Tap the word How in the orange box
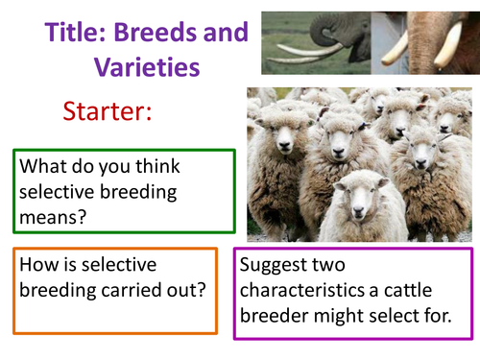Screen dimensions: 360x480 click(x=38, y=265)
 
